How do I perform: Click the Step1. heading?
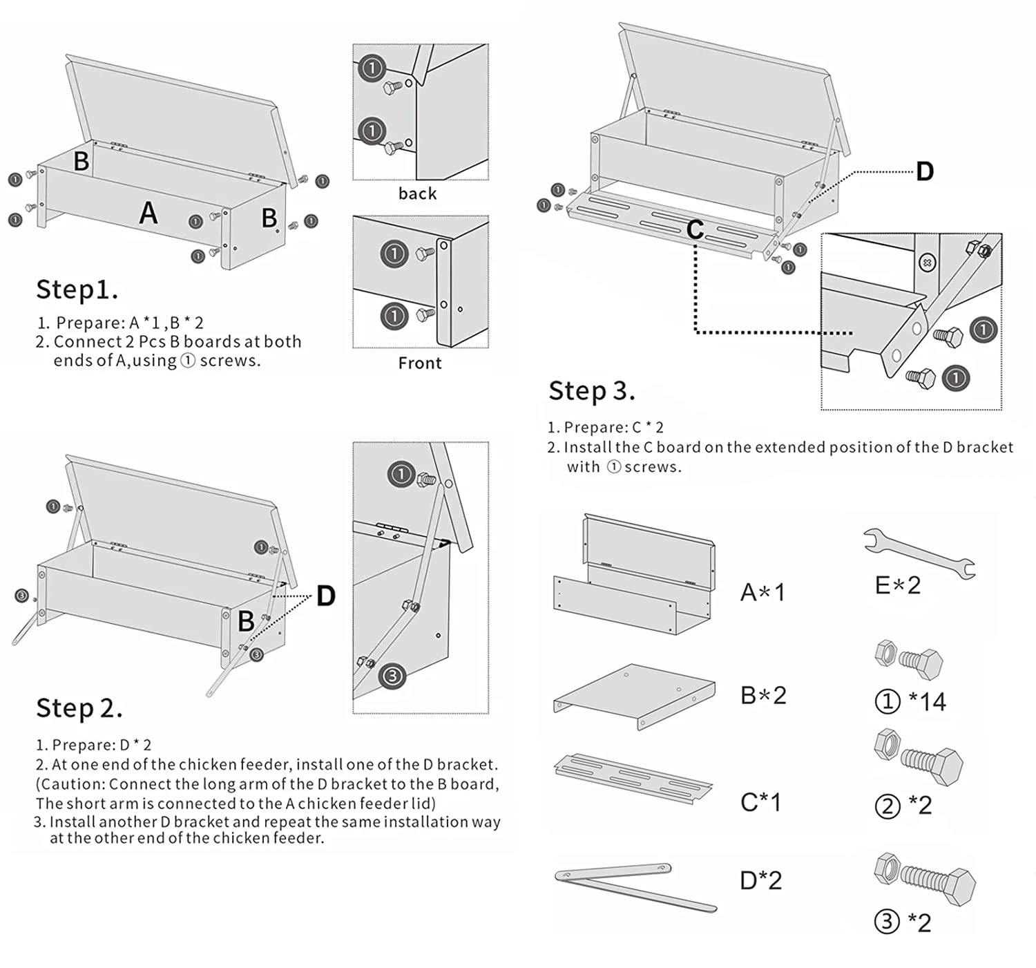click(x=77, y=290)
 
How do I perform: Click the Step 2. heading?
click(x=79, y=708)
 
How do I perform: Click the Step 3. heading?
click(x=591, y=391)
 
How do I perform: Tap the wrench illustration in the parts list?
click(x=919, y=552)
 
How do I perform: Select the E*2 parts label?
click(x=897, y=585)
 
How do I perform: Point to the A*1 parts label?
click(x=762, y=592)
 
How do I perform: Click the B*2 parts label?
click(x=762, y=695)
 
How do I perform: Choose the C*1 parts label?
click(x=760, y=802)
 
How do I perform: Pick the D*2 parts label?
click(x=760, y=880)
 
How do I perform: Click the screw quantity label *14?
click(x=927, y=702)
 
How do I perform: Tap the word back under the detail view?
click(x=417, y=194)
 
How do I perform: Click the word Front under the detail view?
click(x=420, y=363)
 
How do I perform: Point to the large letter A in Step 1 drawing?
click(x=148, y=213)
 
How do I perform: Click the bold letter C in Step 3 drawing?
click(x=695, y=230)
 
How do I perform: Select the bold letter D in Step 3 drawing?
click(x=924, y=171)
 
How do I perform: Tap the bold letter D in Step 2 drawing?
click(x=325, y=596)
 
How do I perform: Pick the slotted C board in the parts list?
click(x=633, y=779)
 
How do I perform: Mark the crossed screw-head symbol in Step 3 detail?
click(x=928, y=263)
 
